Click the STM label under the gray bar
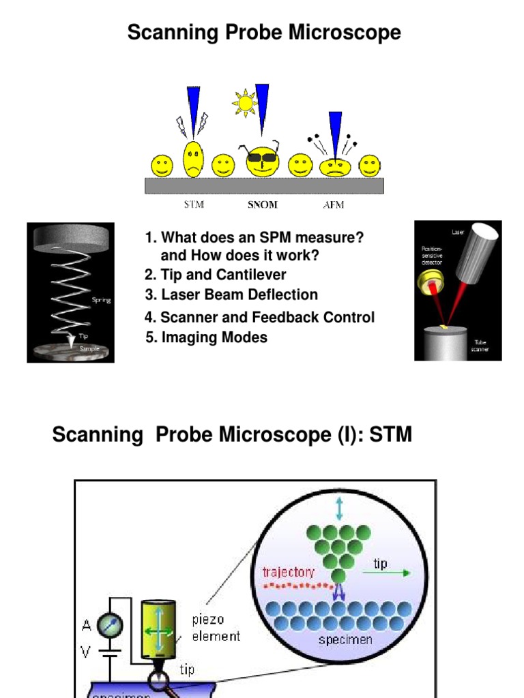point(194,204)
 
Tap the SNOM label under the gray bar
point(263,204)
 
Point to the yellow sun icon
point(244,103)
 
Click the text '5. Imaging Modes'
point(206,337)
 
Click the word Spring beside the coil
point(101,300)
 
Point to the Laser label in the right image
point(458,232)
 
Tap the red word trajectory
point(288,571)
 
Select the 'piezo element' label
point(216,628)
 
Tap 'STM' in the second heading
point(391,434)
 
